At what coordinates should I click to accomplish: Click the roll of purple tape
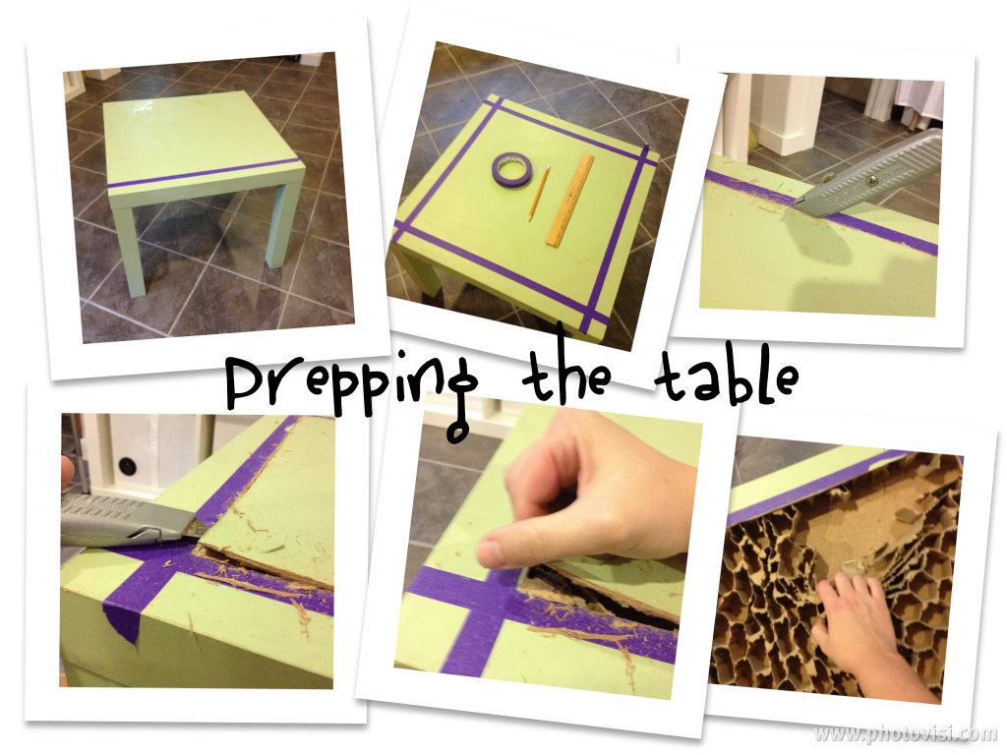point(511,170)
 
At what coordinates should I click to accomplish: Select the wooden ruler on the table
point(569,200)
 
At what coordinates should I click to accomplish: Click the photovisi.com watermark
point(905,733)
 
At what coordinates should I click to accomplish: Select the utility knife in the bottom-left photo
point(134,519)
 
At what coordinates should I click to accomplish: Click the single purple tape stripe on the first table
point(204,173)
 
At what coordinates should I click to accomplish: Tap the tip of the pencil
point(531,219)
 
